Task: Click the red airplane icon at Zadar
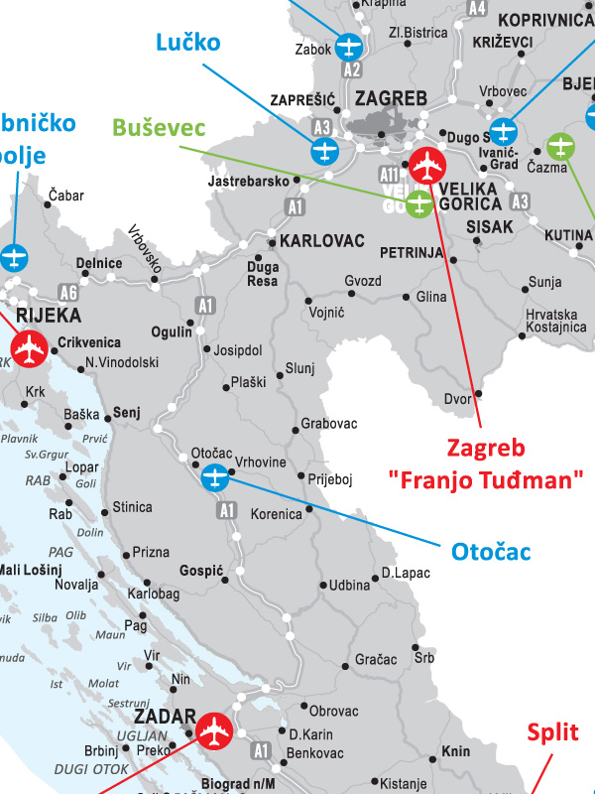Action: (213, 730)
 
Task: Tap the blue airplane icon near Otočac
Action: (215, 479)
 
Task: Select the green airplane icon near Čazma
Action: (561, 147)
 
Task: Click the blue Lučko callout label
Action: (187, 42)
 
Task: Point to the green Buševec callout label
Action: (159, 127)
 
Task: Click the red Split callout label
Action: (552, 733)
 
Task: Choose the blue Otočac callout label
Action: (491, 551)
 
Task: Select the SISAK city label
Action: (490, 226)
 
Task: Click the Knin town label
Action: (456, 751)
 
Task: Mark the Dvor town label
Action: (456, 399)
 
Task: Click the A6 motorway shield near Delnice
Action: (68, 293)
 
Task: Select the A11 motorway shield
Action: (388, 175)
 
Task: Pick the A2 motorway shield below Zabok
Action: (352, 70)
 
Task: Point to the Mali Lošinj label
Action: (30, 569)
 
